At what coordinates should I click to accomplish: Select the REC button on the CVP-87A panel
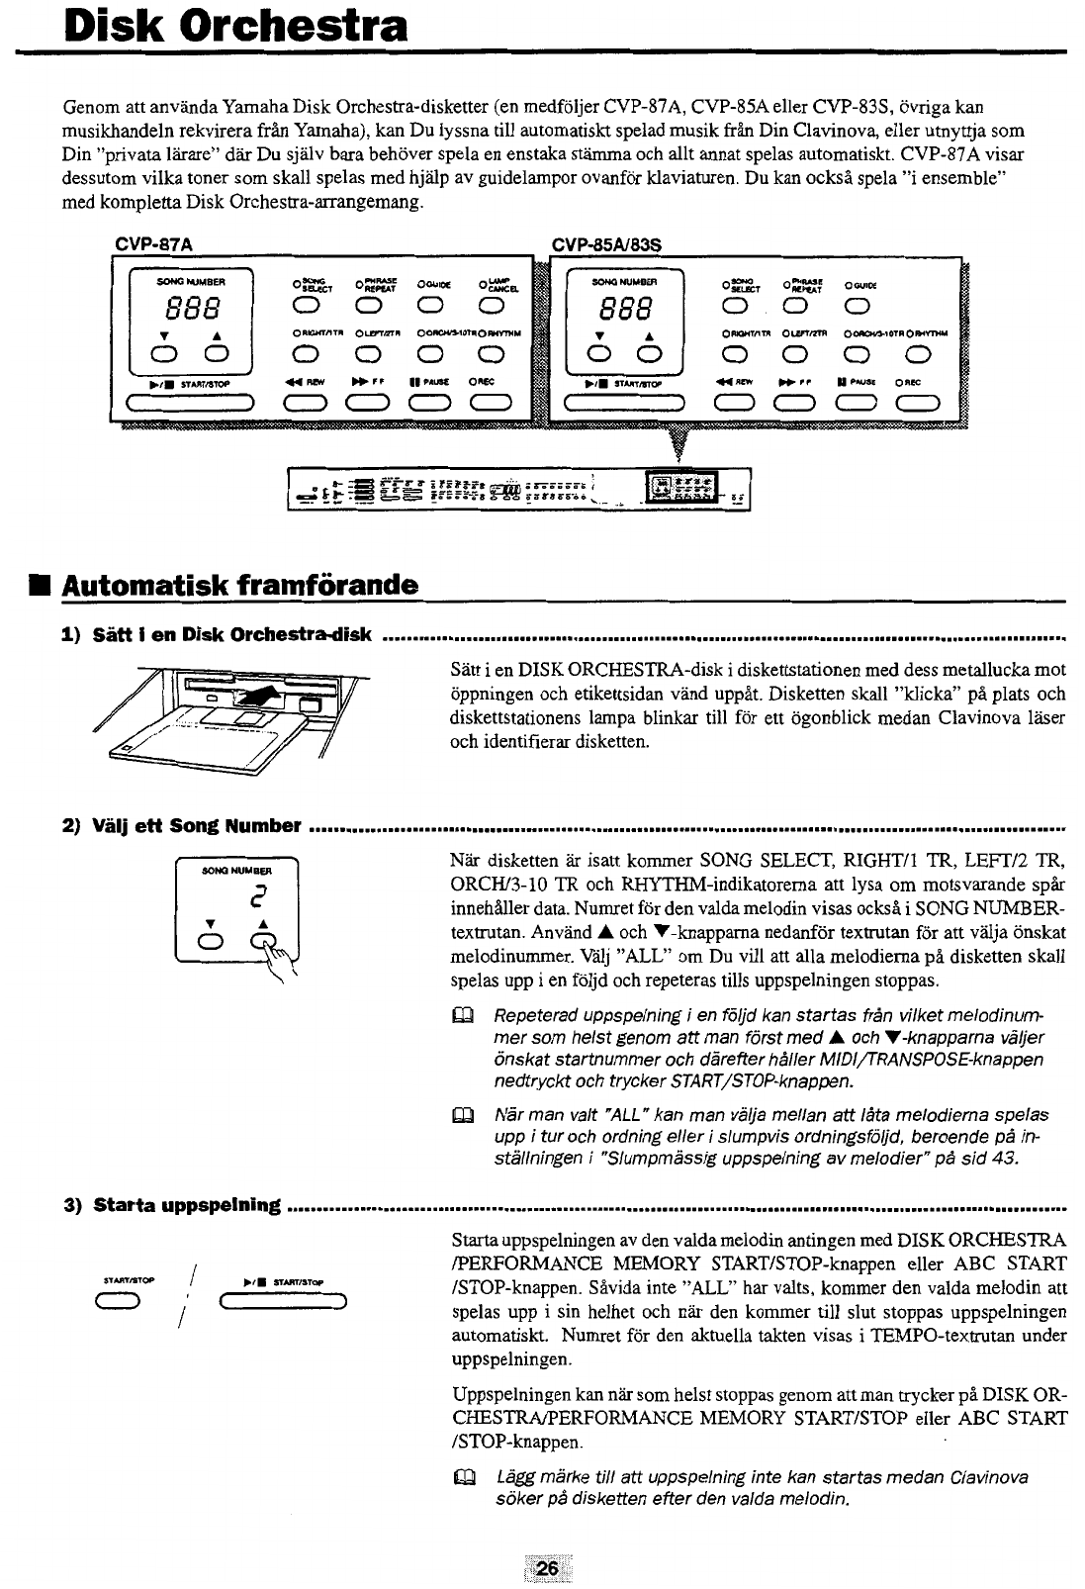tap(490, 401)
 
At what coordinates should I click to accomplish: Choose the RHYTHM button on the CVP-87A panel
tap(490, 352)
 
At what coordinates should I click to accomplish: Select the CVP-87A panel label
tap(153, 243)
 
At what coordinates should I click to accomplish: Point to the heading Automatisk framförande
tap(239, 586)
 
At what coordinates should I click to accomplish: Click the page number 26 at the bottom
tap(547, 1569)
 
